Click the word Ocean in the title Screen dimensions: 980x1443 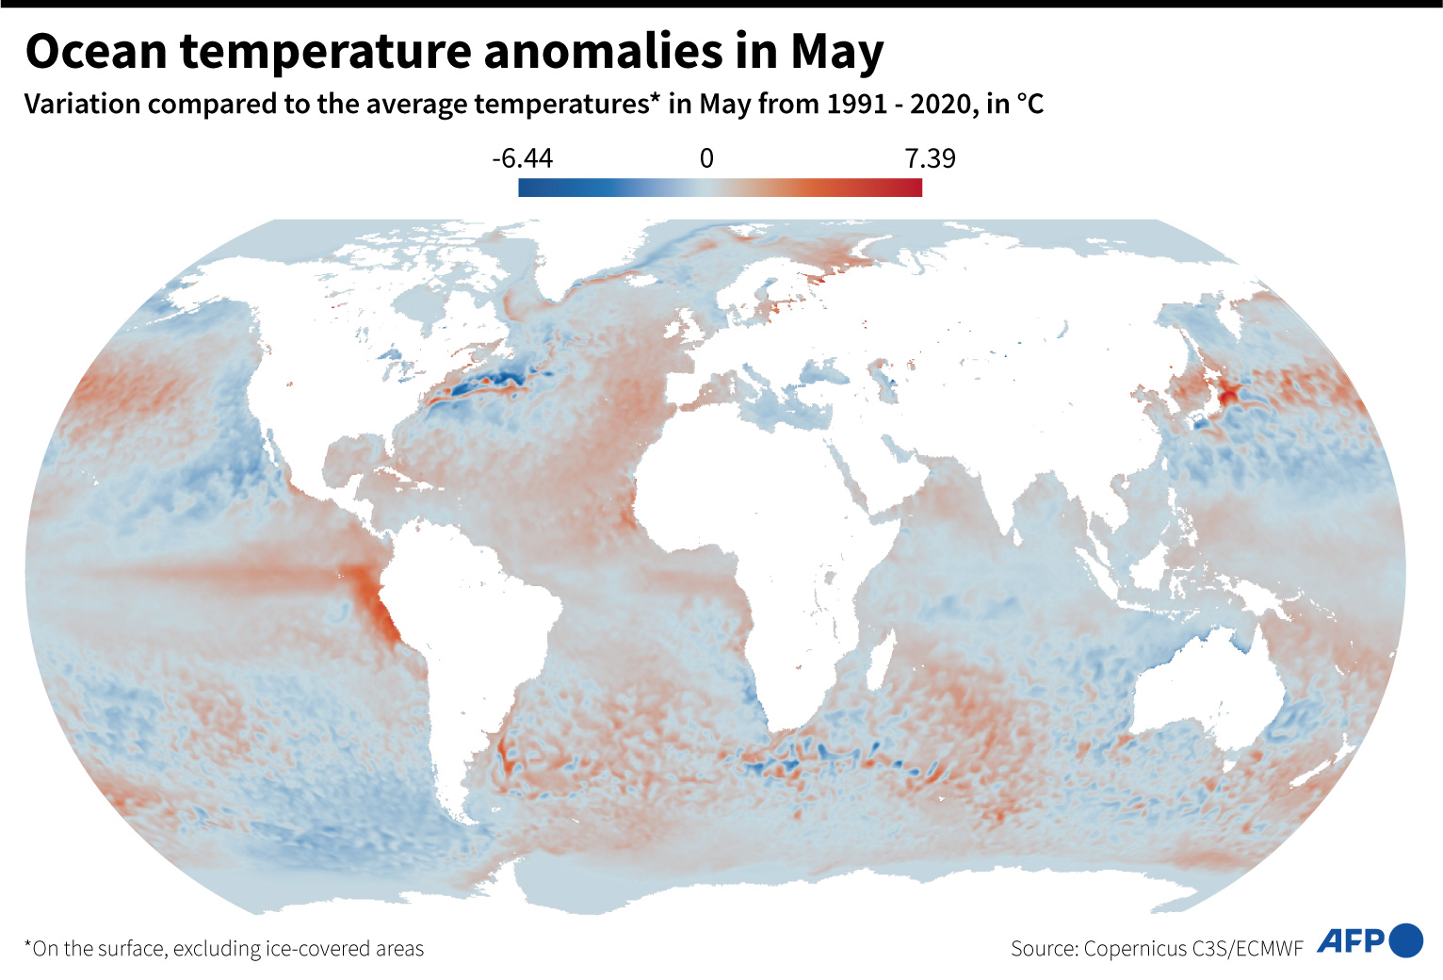pyautogui.click(x=96, y=52)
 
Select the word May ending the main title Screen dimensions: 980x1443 pyautogui.click(x=836, y=52)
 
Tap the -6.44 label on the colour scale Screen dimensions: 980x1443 pyautogui.click(x=522, y=158)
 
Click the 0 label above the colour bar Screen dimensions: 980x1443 pyautogui.click(x=706, y=158)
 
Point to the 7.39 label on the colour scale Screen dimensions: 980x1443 pyautogui.click(x=930, y=158)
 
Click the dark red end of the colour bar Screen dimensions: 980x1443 pyautogui.click(x=914, y=188)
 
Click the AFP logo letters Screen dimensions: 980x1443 pyautogui.click(x=1351, y=940)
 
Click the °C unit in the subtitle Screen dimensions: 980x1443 pyautogui.click(x=1030, y=104)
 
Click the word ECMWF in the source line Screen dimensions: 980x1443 pyautogui.click(x=1270, y=948)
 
